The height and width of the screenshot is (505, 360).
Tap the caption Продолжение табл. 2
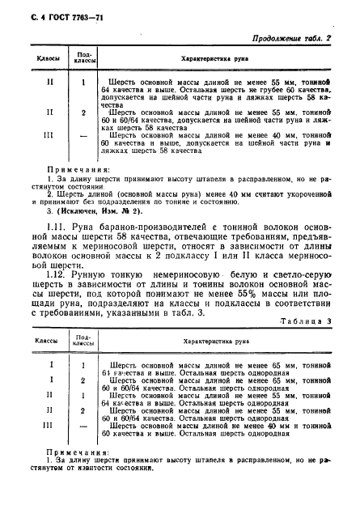click(299, 39)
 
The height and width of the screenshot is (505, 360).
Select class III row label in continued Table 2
click(50, 136)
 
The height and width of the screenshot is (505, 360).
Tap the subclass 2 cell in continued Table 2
click(84, 112)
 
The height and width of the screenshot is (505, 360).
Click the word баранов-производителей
click(129, 234)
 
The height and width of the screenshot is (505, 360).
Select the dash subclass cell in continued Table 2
click(84, 136)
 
